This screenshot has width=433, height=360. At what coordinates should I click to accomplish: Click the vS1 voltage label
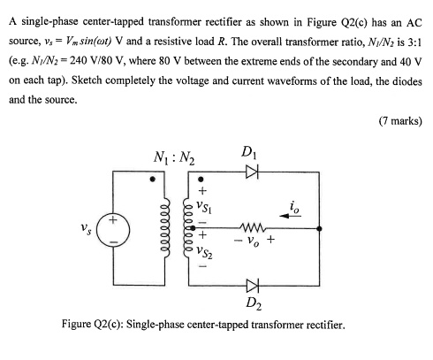click(205, 205)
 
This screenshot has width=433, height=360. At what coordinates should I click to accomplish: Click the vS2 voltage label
click(205, 253)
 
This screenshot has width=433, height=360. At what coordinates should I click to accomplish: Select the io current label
click(294, 209)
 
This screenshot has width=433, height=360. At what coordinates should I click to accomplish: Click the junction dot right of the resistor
click(319, 228)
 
